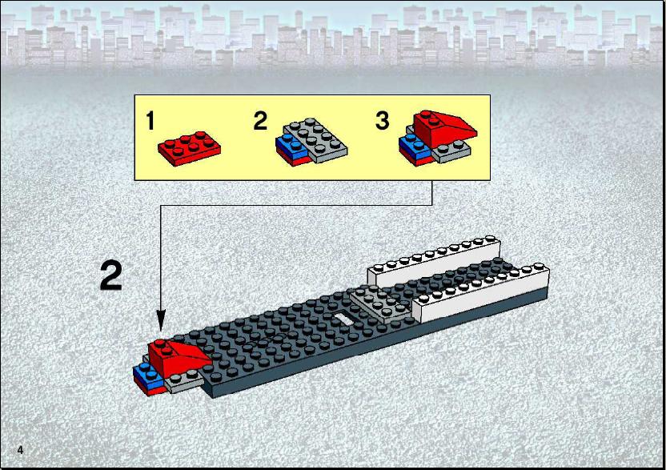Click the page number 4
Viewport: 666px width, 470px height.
(20, 450)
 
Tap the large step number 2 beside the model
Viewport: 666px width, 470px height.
(111, 275)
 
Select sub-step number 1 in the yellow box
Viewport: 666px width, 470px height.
(150, 120)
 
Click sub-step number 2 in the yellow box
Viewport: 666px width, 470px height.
(260, 120)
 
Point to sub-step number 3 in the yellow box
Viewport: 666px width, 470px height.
(383, 120)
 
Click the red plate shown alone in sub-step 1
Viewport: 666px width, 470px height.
(190, 149)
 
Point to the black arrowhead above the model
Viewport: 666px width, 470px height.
(161, 319)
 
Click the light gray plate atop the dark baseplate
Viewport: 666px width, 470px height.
(380, 301)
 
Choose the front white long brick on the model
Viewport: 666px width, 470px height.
(481, 294)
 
